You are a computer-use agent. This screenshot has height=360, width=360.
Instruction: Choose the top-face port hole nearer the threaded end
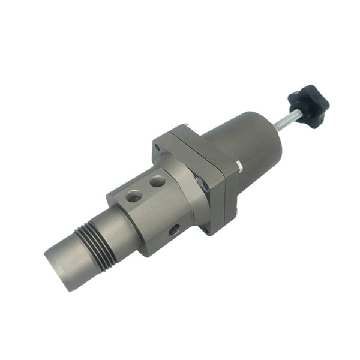pyautogui.click(x=133, y=195)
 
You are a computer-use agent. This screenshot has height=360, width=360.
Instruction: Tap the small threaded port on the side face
pyautogui.click(x=174, y=229)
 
